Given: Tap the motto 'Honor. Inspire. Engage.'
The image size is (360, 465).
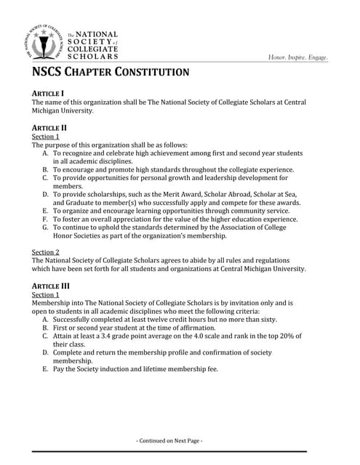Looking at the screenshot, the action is point(297,57).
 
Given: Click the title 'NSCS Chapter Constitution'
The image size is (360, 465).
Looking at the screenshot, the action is point(111,73).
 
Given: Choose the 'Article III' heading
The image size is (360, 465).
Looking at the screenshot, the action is point(51,286).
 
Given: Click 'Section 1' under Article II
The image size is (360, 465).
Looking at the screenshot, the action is point(46,137).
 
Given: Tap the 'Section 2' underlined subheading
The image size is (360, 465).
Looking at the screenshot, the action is point(46,251).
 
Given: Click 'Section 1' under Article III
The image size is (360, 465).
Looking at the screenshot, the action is point(46,295).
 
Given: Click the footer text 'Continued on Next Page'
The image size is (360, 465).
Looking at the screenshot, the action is point(170,440).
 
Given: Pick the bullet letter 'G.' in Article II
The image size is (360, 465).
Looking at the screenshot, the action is point(46,227).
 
